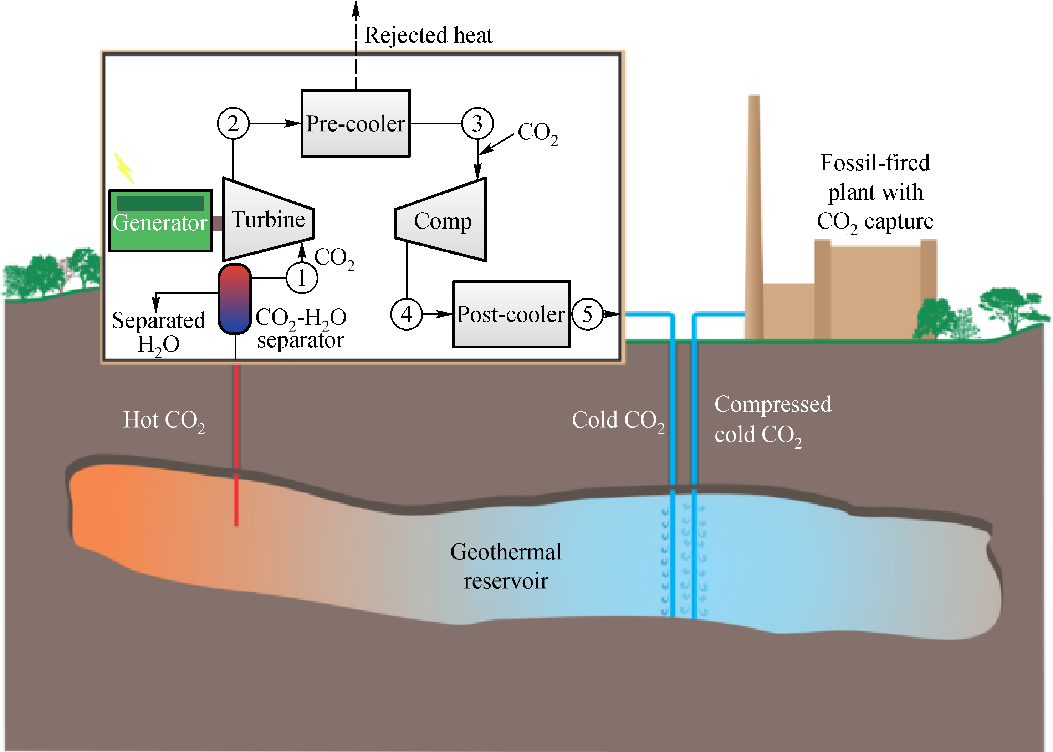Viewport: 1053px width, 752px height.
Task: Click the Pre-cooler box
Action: click(x=355, y=123)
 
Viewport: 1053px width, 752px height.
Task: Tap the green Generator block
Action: click(x=160, y=221)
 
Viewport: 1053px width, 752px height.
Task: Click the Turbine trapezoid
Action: click(x=268, y=220)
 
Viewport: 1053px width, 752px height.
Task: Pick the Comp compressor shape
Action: click(x=442, y=220)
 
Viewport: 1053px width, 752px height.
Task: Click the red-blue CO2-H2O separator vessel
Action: click(x=235, y=299)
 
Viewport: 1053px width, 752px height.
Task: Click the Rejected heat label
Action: click(x=428, y=35)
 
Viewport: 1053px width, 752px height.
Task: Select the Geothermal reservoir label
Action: click(x=506, y=566)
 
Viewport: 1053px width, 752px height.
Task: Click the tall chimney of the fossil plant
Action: click(x=754, y=213)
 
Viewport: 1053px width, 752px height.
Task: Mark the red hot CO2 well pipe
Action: click(x=236, y=445)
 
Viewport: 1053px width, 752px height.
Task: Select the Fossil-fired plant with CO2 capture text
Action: click(x=875, y=192)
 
